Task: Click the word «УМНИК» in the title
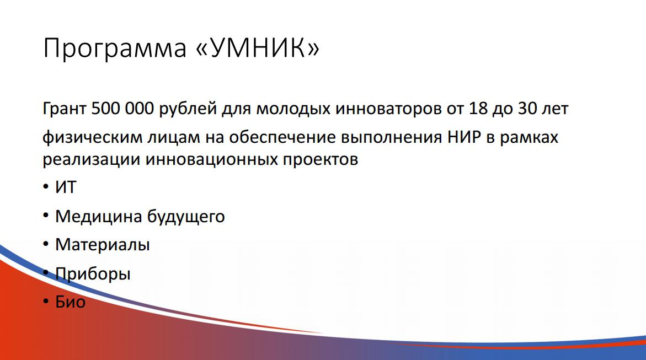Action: [258, 48]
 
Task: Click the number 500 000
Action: [122, 109]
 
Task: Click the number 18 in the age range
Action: [478, 109]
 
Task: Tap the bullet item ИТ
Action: [66, 187]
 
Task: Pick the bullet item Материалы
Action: [103, 245]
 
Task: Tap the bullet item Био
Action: [71, 302]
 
